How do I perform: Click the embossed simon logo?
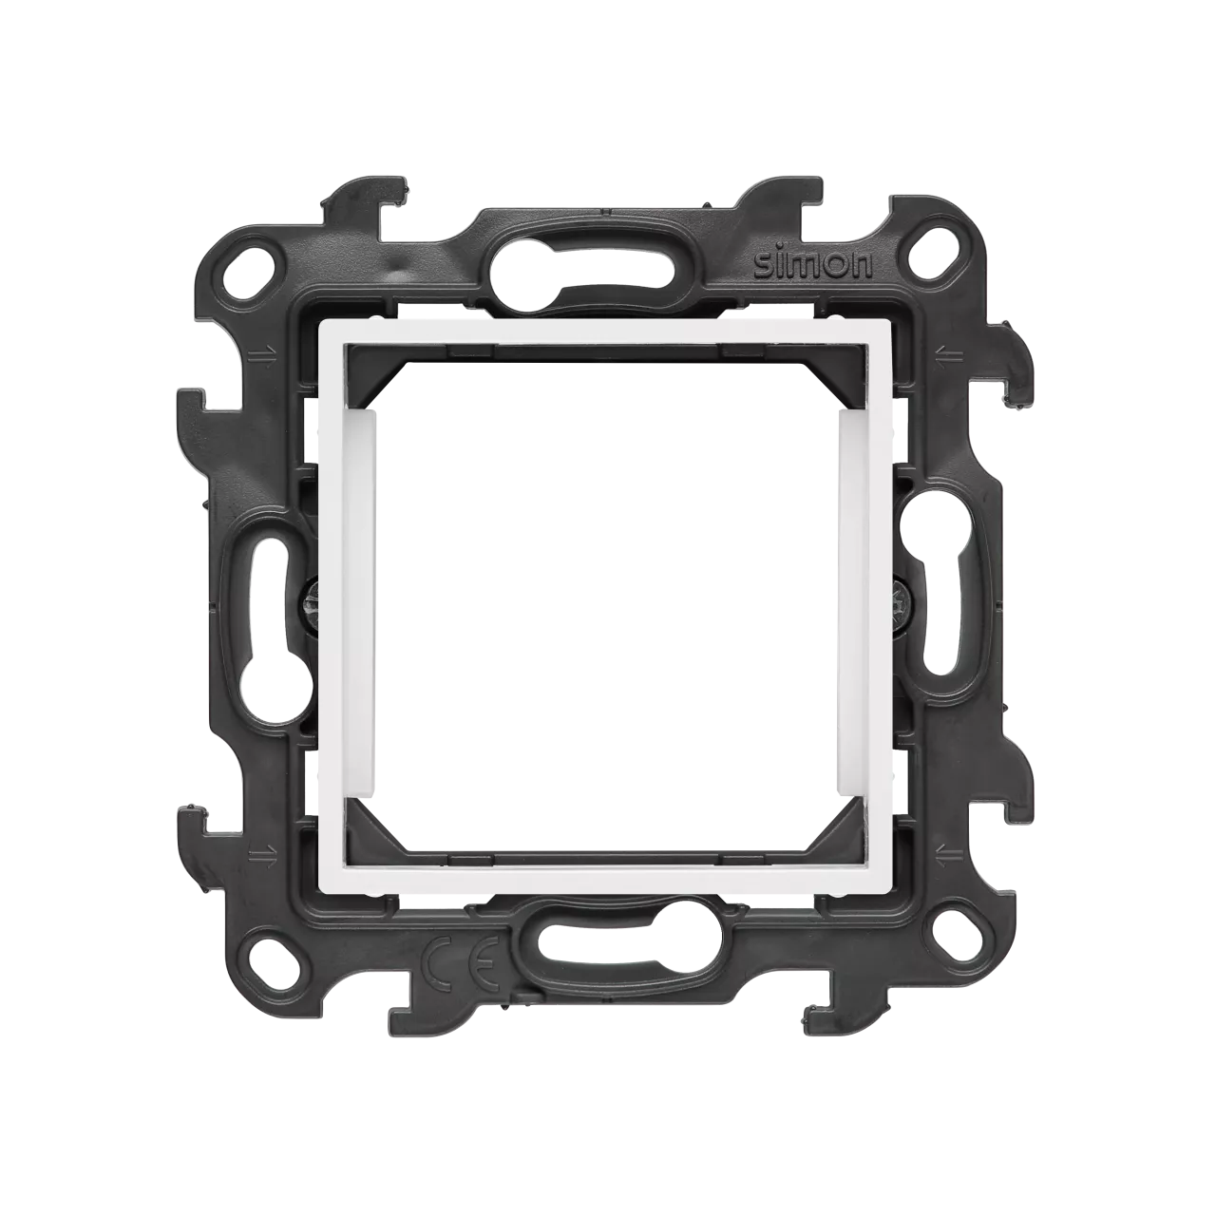point(814,264)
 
